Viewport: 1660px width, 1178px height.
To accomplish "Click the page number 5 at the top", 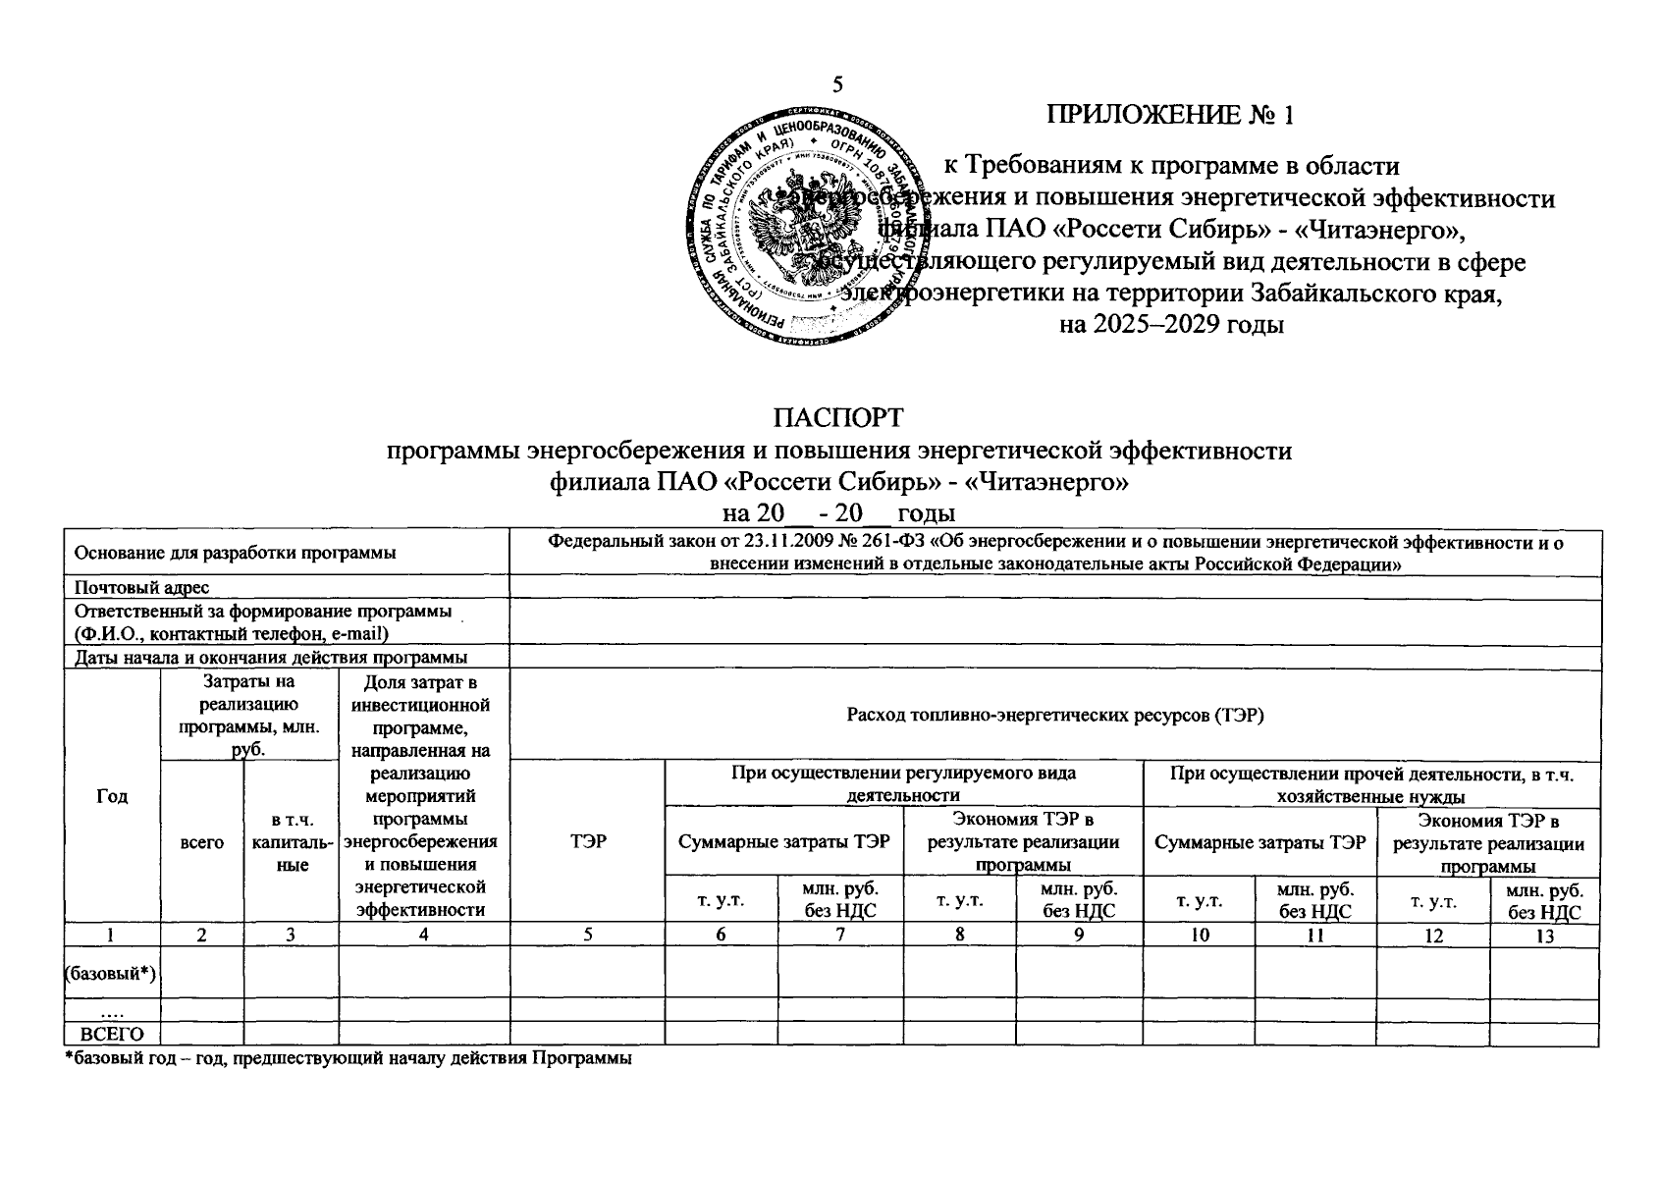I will (x=838, y=84).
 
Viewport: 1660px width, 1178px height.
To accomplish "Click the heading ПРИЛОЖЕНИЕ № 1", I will (x=1171, y=116).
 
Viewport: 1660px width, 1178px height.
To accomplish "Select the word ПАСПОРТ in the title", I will (x=837, y=418).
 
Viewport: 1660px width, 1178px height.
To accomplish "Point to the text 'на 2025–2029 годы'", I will (x=1172, y=323).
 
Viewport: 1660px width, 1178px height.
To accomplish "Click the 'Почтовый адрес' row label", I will (x=142, y=587).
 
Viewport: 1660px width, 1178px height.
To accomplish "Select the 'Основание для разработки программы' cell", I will (x=236, y=553).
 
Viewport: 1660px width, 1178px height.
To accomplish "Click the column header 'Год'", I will (x=112, y=796).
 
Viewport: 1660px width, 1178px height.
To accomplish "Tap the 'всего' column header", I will (x=201, y=841).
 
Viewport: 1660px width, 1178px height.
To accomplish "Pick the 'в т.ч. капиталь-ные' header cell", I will (x=292, y=841).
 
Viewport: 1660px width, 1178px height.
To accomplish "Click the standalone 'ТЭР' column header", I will (x=587, y=841).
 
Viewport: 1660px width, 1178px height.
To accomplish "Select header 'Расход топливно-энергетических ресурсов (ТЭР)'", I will (x=1055, y=715).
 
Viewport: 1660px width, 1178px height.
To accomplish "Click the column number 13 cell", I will (x=1545, y=937).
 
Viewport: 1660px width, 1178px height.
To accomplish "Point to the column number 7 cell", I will (x=840, y=937).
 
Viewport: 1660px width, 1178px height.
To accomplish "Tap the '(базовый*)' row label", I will (x=112, y=973).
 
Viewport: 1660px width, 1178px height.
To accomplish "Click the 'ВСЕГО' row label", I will (x=112, y=1035).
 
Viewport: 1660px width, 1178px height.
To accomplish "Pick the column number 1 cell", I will (x=112, y=937).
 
